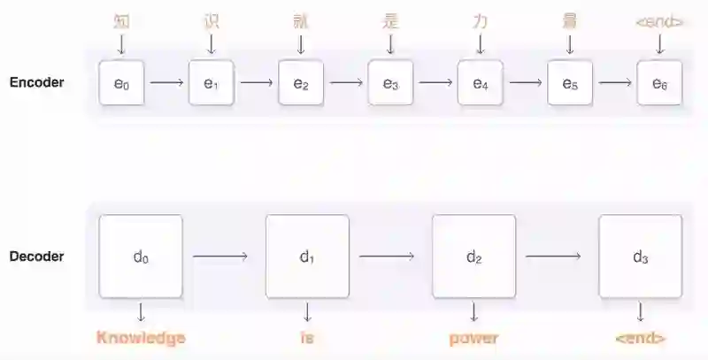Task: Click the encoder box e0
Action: click(x=122, y=84)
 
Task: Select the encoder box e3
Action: click(x=390, y=84)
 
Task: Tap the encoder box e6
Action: click(x=659, y=84)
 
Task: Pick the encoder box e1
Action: click(x=212, y=84)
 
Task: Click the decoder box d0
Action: click(x=141, y=257)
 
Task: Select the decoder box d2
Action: click(x=473, y=257)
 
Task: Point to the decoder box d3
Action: click(x=640, y=257)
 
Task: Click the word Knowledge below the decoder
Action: click(x=141, y=337)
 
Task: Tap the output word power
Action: click(x=473, y=337)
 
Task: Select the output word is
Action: click(x=307, y=337)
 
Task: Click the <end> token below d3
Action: click(x=639, y=337)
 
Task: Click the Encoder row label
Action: click(x=36, y=83)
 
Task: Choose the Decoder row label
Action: click(x=36, y=257)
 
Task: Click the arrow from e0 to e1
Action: click(x=166, y=84)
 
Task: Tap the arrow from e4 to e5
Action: click(x=525, y=84)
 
